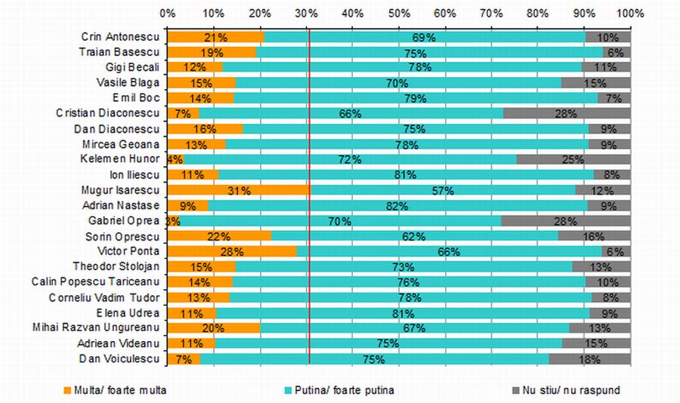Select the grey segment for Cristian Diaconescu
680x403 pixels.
567,113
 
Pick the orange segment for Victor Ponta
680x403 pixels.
232,252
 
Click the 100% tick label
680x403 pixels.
629,13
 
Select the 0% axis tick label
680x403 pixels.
168,13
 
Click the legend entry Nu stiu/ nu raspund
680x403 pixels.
567,390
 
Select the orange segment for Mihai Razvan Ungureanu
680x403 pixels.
214,328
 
